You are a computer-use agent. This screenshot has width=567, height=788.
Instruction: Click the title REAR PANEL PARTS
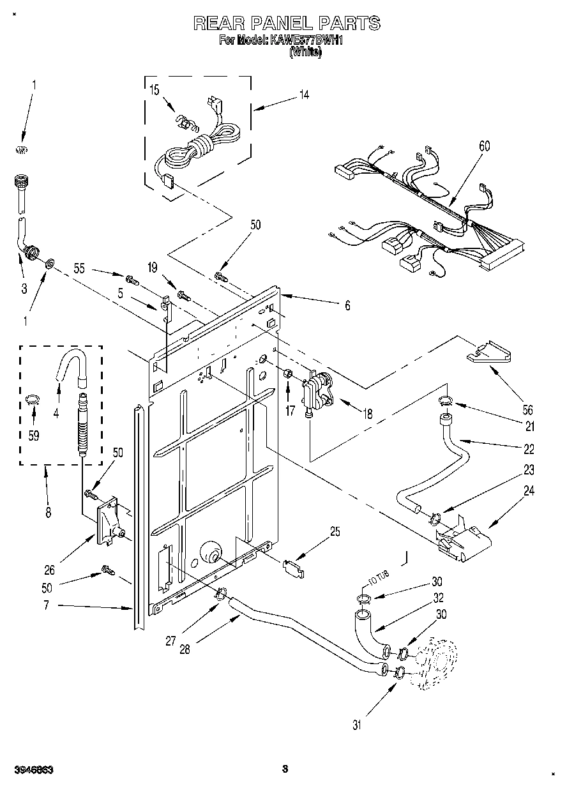pos(287,24)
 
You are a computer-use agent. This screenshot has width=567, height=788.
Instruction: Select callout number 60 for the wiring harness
pos(485,146)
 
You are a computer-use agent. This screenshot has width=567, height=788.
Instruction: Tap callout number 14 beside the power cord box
pos(304,95)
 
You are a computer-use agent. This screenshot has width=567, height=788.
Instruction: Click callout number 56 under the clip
pos(528,411)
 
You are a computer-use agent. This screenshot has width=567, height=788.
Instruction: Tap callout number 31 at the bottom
pos(357,724)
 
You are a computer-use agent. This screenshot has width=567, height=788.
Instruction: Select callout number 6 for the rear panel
pos(347,305)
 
